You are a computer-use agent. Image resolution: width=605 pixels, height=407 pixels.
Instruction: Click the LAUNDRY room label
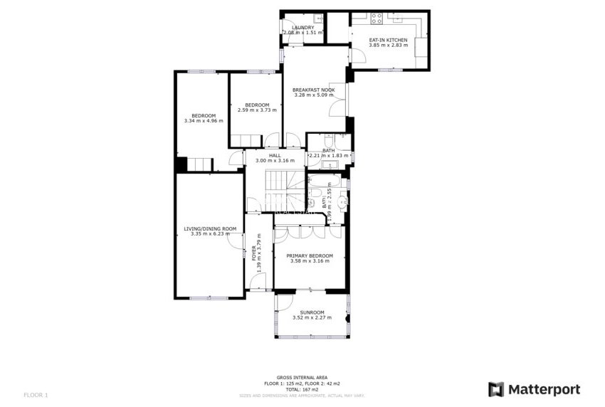(302, 28)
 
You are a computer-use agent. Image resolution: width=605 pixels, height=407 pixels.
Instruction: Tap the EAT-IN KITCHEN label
(388, 40)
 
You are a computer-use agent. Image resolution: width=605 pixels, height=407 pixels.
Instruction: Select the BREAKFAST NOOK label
(313, 90)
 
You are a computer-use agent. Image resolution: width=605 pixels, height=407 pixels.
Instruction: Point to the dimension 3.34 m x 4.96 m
(203, 121)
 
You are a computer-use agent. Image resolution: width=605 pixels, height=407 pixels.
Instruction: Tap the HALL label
(274, 155)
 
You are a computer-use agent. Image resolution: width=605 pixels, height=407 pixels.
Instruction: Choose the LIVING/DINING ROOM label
(210, 228)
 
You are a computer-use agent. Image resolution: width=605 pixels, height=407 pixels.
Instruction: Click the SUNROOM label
(312, 312)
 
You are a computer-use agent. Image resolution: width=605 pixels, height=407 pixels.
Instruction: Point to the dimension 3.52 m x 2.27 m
(312, 318)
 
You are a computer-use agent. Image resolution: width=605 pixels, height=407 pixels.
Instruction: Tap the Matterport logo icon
(496, 389)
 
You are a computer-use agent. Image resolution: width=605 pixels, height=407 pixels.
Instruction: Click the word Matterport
(544, 389)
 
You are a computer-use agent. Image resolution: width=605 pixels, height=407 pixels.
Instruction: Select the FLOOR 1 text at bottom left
(36, 394)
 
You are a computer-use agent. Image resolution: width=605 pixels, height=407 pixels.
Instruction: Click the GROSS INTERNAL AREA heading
(302, 377)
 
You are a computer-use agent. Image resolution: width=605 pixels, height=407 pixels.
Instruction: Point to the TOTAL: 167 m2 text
(302, 388)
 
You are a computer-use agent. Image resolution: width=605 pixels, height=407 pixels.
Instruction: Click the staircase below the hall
(276, 186)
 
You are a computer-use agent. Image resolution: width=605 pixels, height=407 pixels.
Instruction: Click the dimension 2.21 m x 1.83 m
(329, 155)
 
